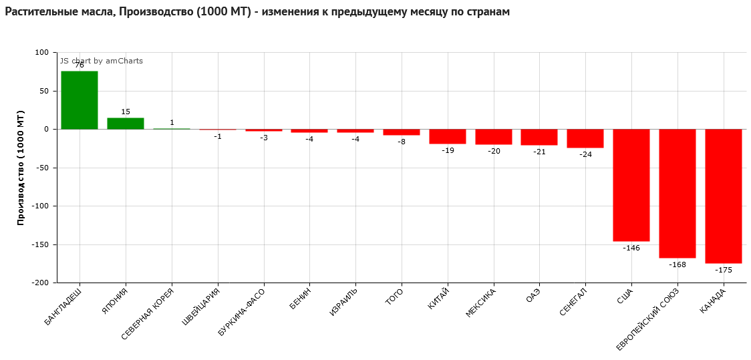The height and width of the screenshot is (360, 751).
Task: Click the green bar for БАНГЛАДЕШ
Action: [80, 100]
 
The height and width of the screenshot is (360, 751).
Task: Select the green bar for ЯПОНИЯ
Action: [126, 124]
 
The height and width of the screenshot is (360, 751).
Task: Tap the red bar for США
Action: [631, 185]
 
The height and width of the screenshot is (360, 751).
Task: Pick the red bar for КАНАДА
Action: [724, 196]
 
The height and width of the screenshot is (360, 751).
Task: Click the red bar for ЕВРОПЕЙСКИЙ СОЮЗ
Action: [678, 194]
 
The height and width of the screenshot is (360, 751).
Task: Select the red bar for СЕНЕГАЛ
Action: [585, 138]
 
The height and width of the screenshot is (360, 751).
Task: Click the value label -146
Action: [631, 248]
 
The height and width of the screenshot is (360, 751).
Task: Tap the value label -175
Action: [724, 270]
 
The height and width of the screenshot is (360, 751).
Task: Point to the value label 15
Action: [126, 112]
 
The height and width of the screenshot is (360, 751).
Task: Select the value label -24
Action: [585, 154]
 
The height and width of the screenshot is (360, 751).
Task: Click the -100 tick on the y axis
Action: [41, 206]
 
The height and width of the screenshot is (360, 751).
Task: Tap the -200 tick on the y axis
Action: [41, 283]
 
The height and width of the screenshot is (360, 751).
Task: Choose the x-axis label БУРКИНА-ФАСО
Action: [241, 312]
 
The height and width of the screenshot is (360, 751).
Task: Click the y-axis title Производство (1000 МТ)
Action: [21, 168]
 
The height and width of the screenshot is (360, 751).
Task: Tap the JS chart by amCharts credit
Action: [102, 61]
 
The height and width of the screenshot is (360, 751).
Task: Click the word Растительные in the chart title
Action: [39, 12]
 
